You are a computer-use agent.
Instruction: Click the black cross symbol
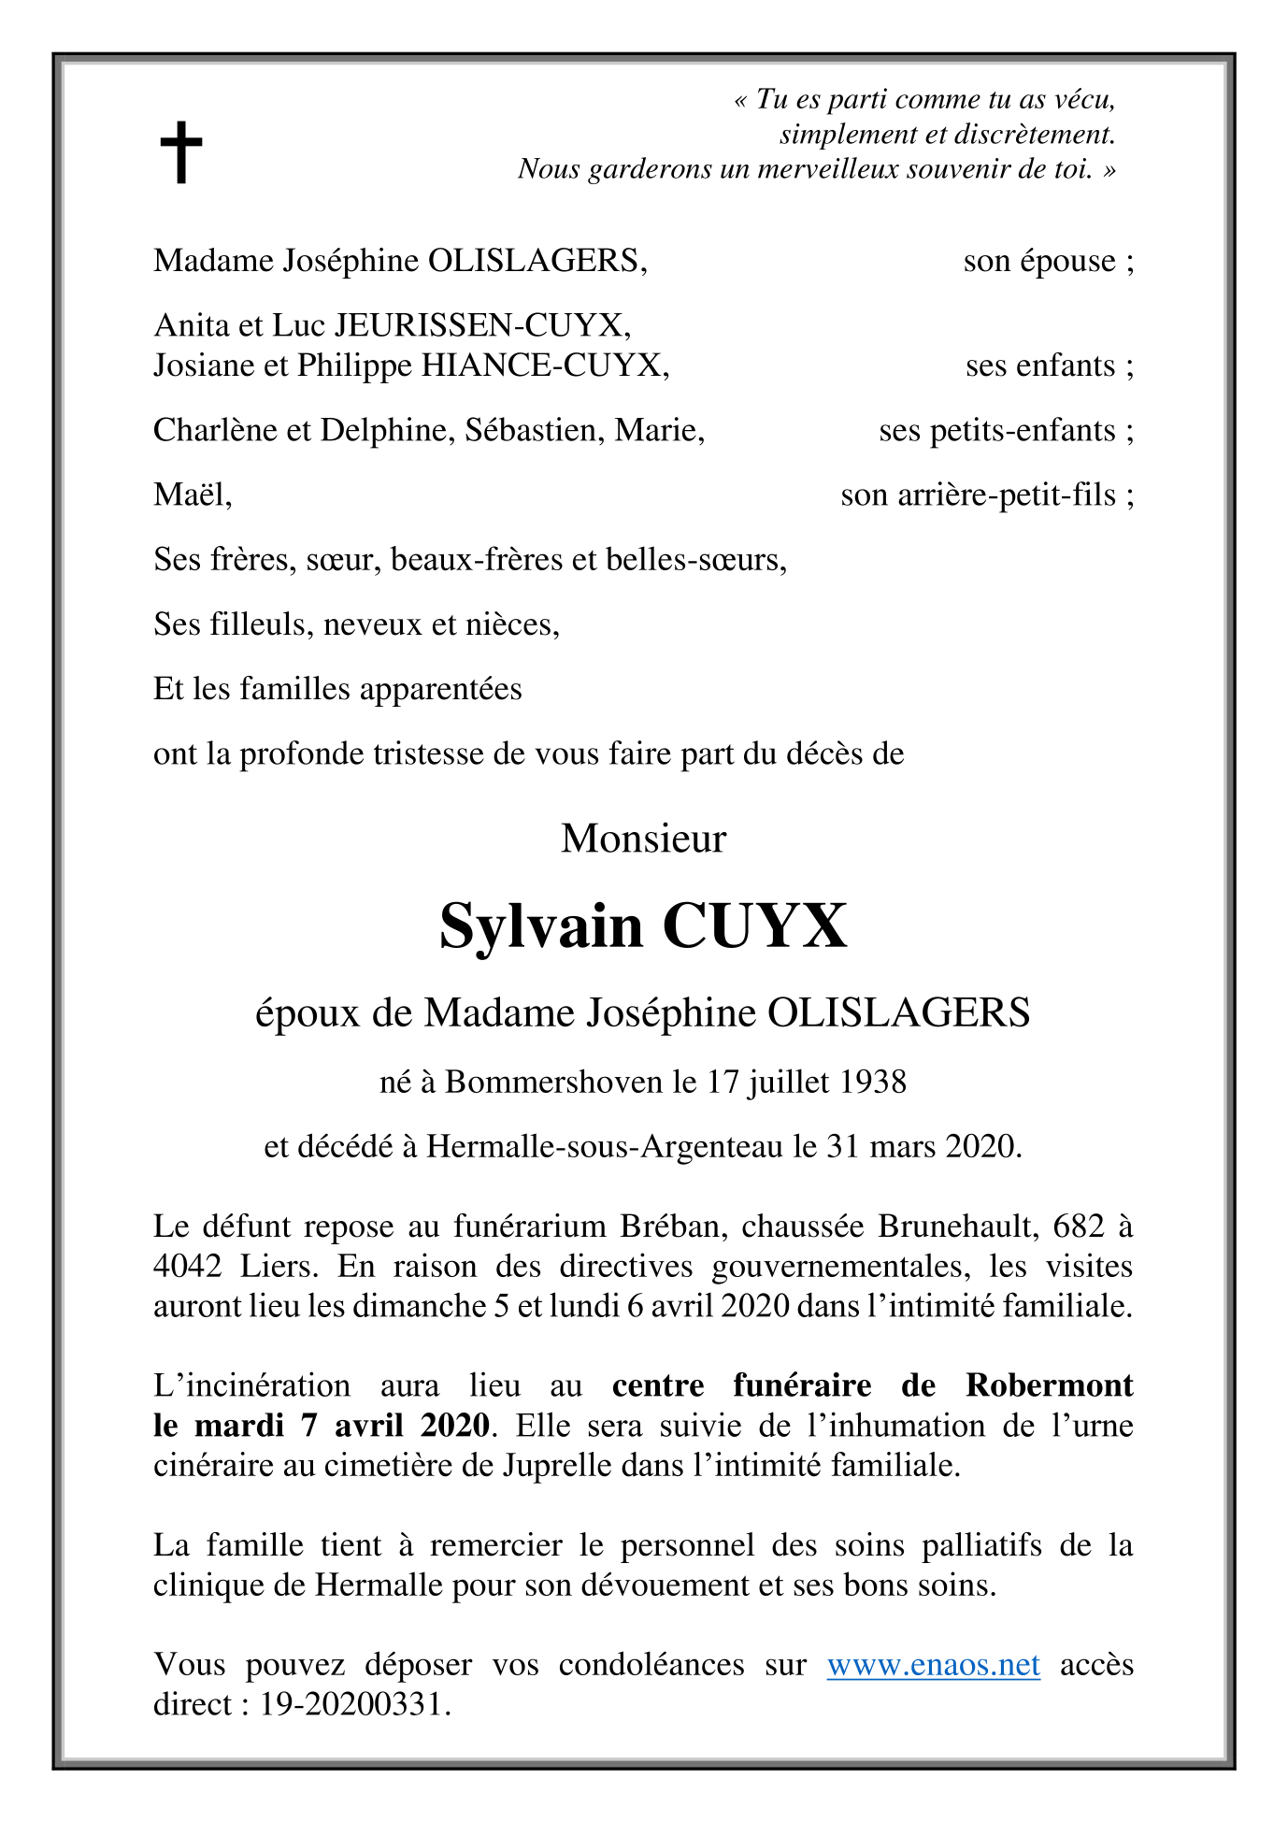pos(180,151)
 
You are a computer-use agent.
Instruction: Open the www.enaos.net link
pos(933,1664)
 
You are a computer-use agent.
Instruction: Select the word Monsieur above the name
pos(643,839)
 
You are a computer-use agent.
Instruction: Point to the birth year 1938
pos(873,1082)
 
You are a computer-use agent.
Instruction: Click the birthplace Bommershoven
pos(553,1082)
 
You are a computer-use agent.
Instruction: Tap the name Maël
pos(191,494)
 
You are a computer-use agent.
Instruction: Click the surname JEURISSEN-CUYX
pos(482,324)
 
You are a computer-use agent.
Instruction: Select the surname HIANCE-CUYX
pos(544,365)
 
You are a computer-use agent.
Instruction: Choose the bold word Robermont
pos(1049,1384)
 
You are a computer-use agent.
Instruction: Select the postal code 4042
pos(188,1266)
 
